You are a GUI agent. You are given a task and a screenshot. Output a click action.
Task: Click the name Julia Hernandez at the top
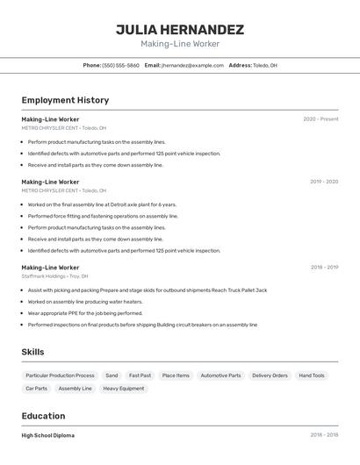coord(180,30)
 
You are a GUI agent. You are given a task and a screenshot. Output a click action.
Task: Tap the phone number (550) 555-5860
coord(120,65)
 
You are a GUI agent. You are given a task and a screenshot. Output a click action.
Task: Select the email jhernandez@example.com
coord(192,65)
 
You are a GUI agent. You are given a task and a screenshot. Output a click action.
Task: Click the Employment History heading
coord(65,100)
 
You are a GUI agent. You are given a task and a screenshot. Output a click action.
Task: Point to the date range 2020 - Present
coord(320,119)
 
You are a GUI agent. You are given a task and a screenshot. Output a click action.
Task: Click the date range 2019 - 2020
coord(324,182)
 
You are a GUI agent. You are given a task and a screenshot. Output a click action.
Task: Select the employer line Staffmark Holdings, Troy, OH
coord(54,276)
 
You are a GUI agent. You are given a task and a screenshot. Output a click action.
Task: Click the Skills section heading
coord(33,352)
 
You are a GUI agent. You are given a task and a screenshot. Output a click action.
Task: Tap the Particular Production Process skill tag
coord(61,376)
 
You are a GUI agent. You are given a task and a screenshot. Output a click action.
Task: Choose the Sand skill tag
coord(112,376)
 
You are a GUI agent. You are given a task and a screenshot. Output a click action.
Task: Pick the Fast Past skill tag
coord(140,376)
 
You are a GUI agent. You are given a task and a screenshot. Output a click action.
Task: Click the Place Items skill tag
coord(176,376)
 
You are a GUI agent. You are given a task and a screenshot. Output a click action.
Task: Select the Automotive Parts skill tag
coord(220,376)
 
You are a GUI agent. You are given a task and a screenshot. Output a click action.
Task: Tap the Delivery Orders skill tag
coord(270,376)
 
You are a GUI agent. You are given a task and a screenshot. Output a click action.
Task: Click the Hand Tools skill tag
coord(312,376)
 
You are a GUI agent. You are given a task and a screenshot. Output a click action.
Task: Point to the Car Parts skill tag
coord(37,388)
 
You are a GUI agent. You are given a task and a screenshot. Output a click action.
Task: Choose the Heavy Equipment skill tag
coord(124,388)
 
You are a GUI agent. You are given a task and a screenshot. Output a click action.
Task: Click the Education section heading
coord(44,416)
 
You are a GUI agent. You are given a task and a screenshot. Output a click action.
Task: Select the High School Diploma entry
coord(48,435)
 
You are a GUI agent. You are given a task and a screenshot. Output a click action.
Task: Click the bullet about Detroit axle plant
coord(102,204)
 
